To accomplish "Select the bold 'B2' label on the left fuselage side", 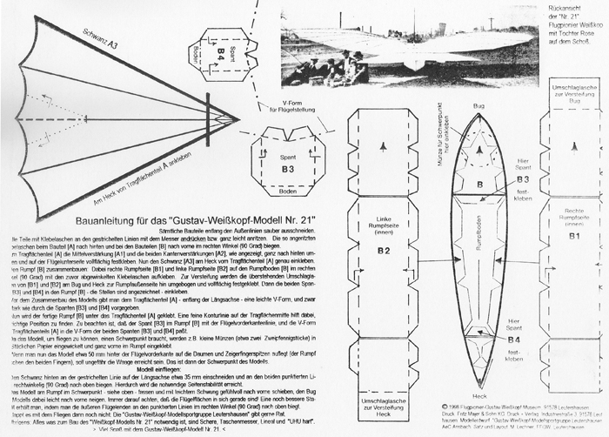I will point(385,250).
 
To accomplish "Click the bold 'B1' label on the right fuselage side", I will point(574,235).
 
